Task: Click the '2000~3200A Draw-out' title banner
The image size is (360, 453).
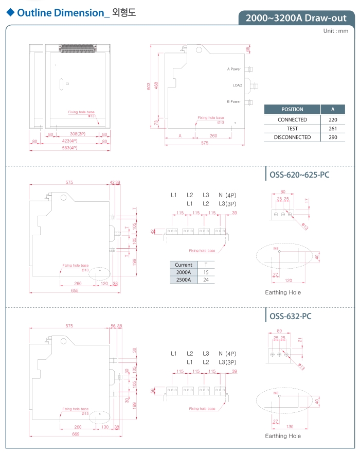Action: click(296, 18)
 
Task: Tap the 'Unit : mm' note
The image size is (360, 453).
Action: click(336, 31)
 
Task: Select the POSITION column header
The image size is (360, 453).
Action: click(292, 109)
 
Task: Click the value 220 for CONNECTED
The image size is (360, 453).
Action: click(333, 119)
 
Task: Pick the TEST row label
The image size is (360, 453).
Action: click(292, 129)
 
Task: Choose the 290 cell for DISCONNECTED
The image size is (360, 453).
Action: click(333, 137)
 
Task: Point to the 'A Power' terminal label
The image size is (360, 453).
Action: click(234, 69)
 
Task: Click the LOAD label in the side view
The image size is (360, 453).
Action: click(237, 85)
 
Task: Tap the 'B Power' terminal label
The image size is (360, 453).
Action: click(234, 102)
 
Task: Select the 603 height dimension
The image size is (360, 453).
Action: click(149, 86)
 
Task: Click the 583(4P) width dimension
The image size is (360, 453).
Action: click(69, 148)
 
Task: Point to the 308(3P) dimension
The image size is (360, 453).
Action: click(77, 134)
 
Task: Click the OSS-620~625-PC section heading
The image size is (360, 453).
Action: click(299, 175)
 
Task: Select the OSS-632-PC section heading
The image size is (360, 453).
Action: click(291, 316)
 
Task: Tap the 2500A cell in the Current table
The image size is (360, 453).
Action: click(183, 280)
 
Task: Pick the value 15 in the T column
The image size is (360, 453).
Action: click(206, 272)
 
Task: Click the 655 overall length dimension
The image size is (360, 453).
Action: click(75, 291)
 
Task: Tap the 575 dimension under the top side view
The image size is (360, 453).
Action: click(205, 143)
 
